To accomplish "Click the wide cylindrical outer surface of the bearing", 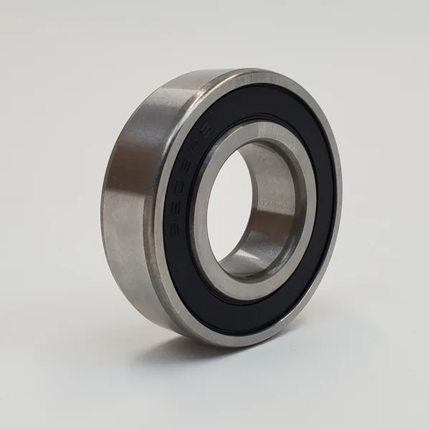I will pos(129,208).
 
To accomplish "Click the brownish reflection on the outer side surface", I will pos(122,165).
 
